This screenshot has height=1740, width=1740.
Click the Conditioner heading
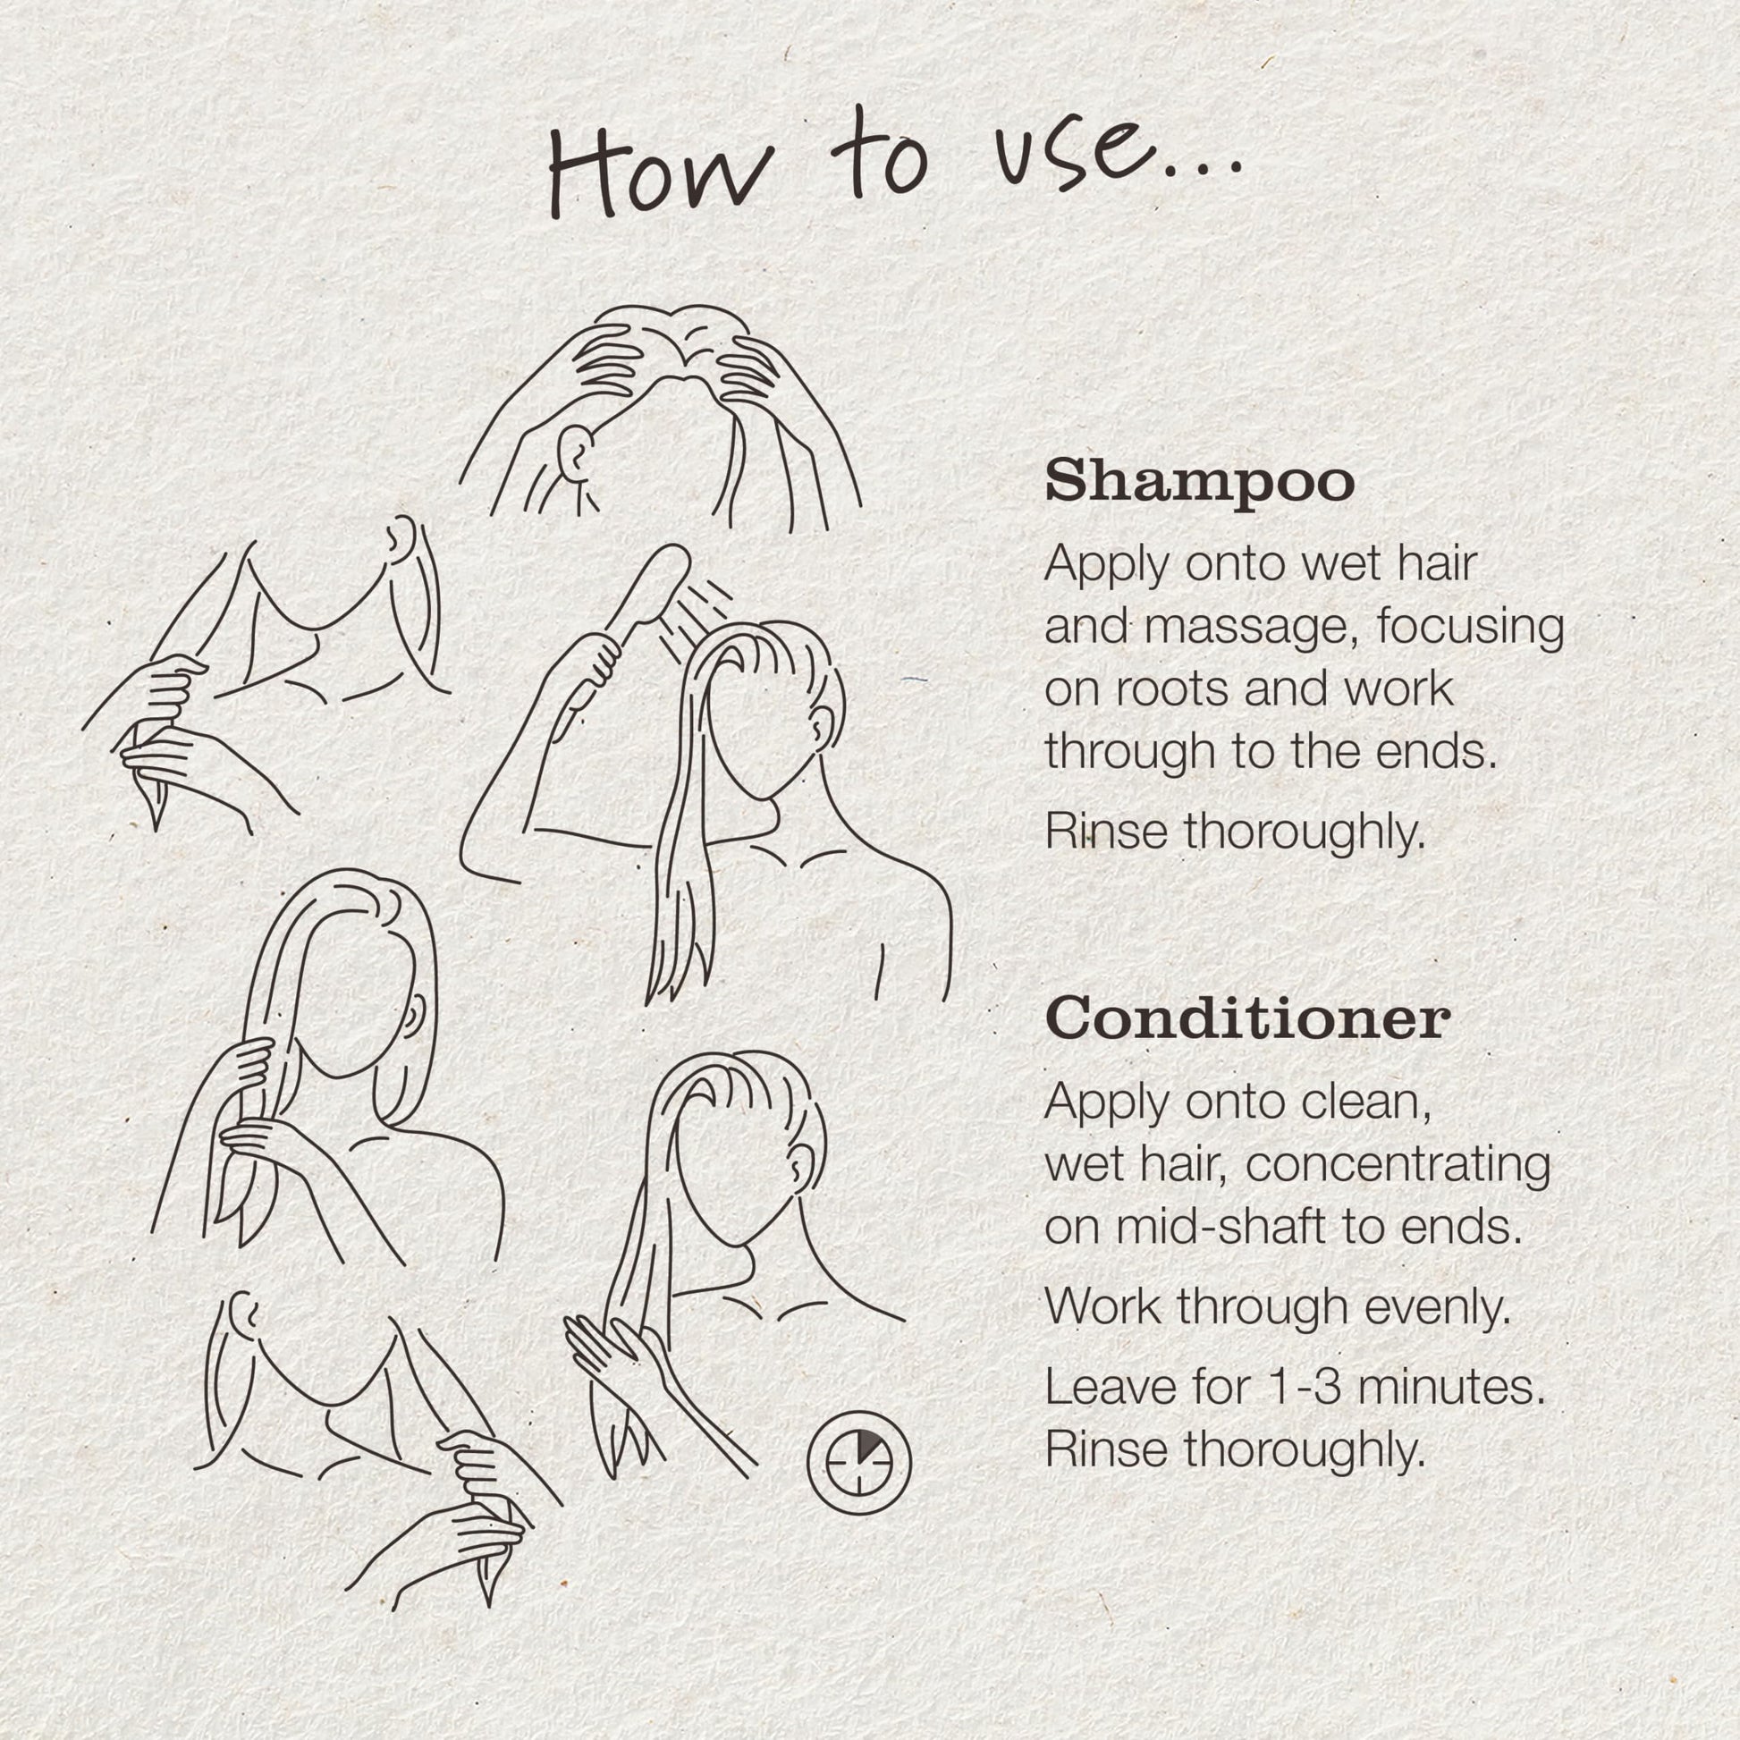click(x=1247, y=1020)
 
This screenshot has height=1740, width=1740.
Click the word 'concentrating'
click(x=1398, y=1168)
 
